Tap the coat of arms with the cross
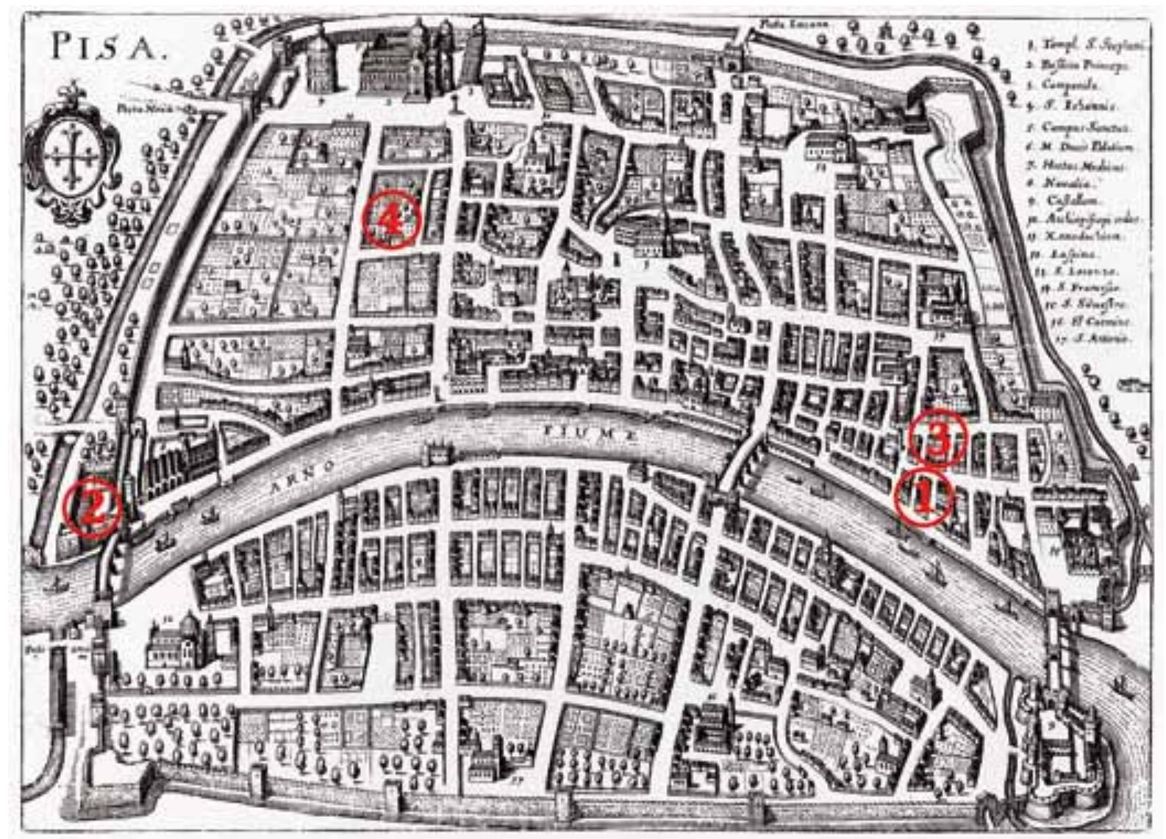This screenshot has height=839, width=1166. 71,156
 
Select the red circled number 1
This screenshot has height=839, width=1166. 923,499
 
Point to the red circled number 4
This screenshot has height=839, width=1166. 391,219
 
